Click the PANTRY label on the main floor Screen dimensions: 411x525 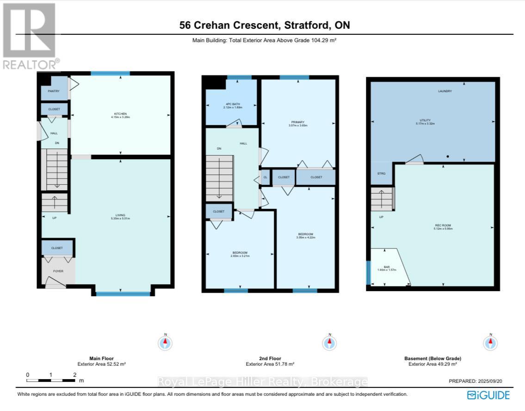coord(54,91)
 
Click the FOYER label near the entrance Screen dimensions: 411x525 coord(58,271)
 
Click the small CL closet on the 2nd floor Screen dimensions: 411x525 coord(265,177)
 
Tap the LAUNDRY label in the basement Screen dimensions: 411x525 coord(445,91)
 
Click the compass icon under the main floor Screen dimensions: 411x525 coord(165,343)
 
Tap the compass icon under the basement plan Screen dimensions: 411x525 coord(490,343)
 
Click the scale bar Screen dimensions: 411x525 coord(51,380)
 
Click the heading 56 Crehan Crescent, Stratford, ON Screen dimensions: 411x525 coord(265,25)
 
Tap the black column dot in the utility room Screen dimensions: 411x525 coord(448,156)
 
